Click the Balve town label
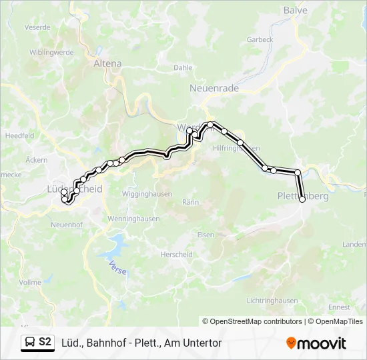point(295,10)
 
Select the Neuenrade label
point(210,88)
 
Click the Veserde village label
point(37,27)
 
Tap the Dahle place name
point(183,67)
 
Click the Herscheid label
point(175,254)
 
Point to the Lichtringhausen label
point(272,301)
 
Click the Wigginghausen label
point(147,194)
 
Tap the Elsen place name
point(206,235)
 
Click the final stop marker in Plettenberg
point(302,199)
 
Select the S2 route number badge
point(45,342)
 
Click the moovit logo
point(316,343)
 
